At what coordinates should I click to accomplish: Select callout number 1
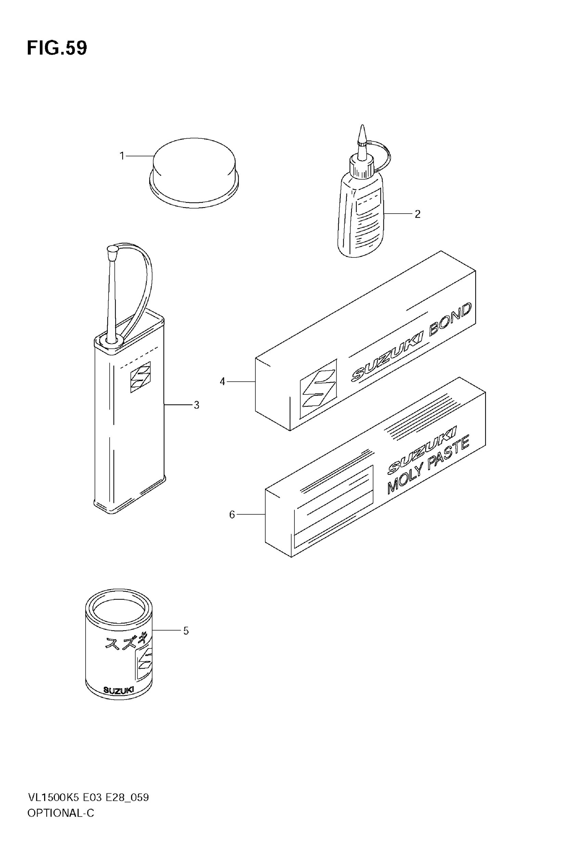(122, 156)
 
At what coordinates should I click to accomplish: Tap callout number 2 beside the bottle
(418, 214)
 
